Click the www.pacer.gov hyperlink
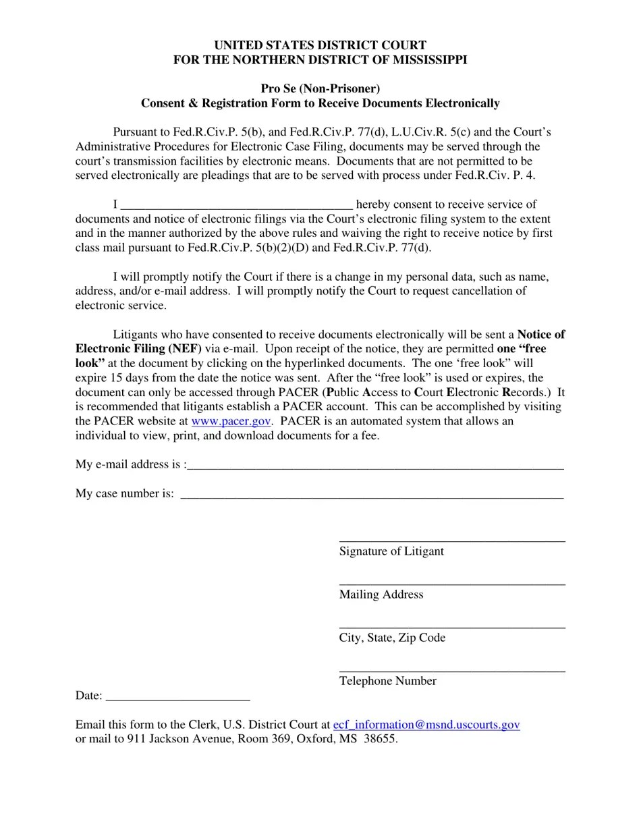pos(231,421)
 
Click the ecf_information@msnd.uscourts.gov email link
pos(426,725)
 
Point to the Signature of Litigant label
pos(391,551)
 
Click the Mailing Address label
pos(381,594)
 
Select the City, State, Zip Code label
pos(392,638)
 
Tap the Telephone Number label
pos(388,681)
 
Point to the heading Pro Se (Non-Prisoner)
pos(320,88)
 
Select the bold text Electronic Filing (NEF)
pos(138,349)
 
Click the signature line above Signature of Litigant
pos(452,541)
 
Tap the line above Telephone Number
pos(452,671)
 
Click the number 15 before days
pos(119,378)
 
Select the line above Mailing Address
pos(452,584)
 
